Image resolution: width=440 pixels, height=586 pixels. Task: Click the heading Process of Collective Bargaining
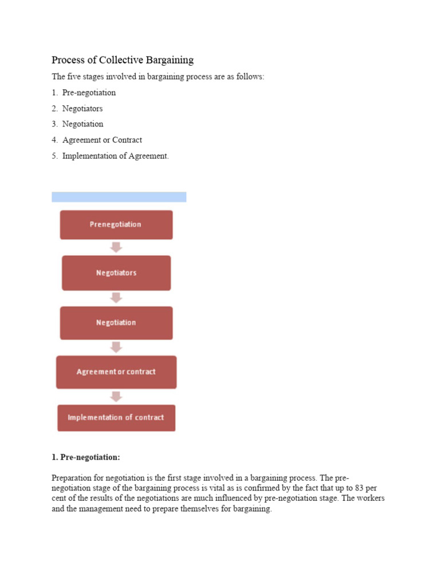pyautogui.click(x=123, y=60)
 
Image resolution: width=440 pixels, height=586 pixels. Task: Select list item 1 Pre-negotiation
pyautogui.click(x=89, y=92)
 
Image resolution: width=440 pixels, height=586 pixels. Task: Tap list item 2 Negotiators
pyautogui.click(x=82, y=108)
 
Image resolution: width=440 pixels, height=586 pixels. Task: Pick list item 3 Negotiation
pyautogui.click(x=82, y=124)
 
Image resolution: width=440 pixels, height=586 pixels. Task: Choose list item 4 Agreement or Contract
pyautogui.click(x=102, y=140)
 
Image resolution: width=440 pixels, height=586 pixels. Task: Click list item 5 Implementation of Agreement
pyautogui.click(x=115, y=156)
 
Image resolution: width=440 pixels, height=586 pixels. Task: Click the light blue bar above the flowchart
pyautogui.click(x=119, y=197)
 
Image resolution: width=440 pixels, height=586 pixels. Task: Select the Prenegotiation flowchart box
pyautogui.click(x=116, y=224)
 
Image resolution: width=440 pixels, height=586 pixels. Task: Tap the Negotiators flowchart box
pyautogui.click(x=116, y=273)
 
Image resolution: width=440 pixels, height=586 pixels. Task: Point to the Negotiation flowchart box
pyautogui.click(x=116, y=322)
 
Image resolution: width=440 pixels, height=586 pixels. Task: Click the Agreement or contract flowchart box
pyautogui.click(x=116, y=372)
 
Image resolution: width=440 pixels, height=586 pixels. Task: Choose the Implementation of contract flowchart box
pyautogui.click(x=116, y=418)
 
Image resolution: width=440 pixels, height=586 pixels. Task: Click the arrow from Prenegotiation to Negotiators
pyautogui.click(x=116, y=247)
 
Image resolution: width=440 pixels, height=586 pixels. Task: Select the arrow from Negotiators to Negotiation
pyautogui.click(x=116, y=298)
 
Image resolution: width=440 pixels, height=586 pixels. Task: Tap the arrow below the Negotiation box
pyautogui.click(x=116, y=347)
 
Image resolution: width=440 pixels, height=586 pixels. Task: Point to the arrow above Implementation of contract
pyautogui.click(x=116, y=397)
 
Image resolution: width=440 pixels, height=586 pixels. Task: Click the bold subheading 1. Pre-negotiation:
pyautogui.click(x=86, y=457)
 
